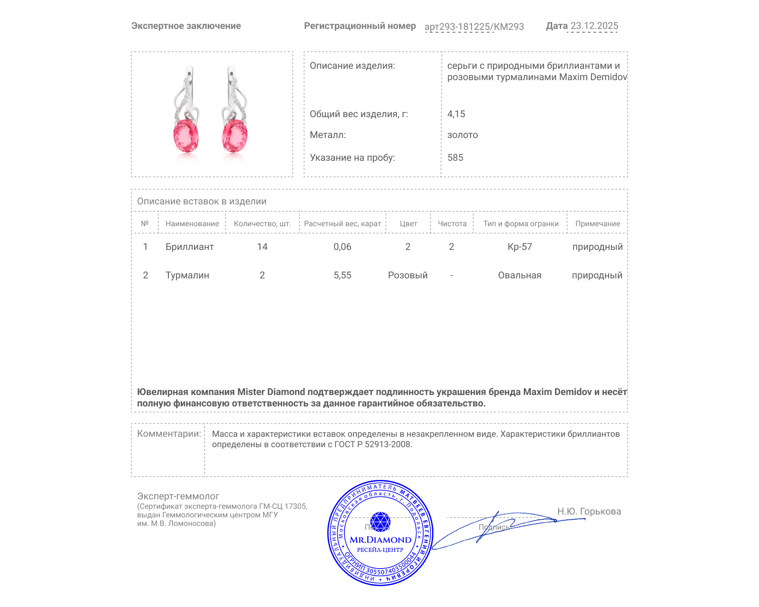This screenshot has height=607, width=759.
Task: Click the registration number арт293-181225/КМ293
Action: tap(474, 27)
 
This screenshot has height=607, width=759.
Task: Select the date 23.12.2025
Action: tap(594, 26)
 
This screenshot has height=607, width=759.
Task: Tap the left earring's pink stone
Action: tap(186, 136)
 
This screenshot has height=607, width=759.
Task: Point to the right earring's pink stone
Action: tap(235, 136)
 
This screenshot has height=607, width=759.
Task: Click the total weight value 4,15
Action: tap(456, 114)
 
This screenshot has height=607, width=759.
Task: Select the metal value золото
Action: tap(463, 135)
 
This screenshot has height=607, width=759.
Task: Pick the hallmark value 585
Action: tap(455, 158)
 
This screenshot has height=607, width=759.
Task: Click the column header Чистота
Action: tap(452, 224)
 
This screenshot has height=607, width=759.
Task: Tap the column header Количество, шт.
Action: tap(262, 224)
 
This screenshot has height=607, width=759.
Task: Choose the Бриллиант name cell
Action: tap(189, 247)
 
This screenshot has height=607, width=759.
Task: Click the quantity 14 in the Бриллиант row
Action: tap(262, 247)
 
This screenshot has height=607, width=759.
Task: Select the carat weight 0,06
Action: tap(342, 247)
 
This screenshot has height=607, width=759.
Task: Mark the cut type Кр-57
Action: tap(520, 247)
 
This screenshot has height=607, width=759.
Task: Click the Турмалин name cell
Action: tap(187, 276)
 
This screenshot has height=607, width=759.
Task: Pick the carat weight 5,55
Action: tap(342, 276)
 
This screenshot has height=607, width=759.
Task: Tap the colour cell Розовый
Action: tap(408, 276)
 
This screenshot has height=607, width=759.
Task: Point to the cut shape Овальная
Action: tap(519, 276)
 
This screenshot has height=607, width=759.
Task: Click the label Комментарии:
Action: tap(169, 434)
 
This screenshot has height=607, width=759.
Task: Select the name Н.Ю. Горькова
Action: tap(589, 512)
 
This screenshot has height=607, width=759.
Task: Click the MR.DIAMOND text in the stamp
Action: tap(380, 540)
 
